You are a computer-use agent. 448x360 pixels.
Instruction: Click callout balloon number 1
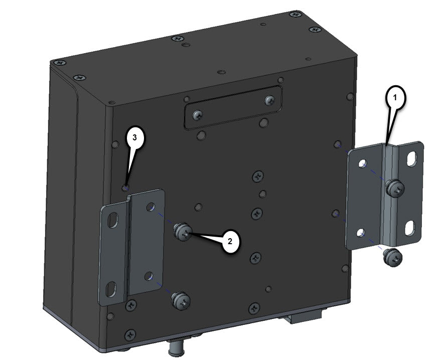395,98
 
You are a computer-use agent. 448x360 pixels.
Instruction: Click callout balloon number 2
230,241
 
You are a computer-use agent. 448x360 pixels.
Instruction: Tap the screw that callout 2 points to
182,232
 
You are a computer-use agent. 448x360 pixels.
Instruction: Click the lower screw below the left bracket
181,301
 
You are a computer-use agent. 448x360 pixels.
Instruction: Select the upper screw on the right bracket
394,189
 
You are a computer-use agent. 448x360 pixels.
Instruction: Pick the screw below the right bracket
393,258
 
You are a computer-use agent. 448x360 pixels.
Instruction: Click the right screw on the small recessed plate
270,100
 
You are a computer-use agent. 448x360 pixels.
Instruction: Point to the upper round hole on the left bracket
150,207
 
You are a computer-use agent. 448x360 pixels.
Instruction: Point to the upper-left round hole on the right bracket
363,163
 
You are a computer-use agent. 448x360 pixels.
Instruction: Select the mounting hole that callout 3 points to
125,188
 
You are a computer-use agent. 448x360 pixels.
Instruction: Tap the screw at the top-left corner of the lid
60,63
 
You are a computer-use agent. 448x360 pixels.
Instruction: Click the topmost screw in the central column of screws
257,176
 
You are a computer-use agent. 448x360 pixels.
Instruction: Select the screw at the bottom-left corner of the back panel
129,334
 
